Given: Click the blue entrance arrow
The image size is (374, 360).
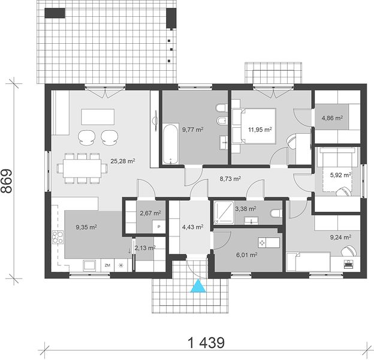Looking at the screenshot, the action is [198, 286].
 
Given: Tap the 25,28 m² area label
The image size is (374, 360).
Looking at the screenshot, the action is [123, 161].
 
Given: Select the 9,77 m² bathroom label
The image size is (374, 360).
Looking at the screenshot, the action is [193, 130].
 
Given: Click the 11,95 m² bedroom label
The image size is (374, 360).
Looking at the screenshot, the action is [260, 130].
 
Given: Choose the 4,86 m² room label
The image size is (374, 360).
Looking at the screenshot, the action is [332, 118].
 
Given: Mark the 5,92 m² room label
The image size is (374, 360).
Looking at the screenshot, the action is [340, 175].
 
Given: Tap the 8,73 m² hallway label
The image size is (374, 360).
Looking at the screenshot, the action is [230, 178].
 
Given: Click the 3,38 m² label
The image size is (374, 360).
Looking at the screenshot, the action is [246, 209].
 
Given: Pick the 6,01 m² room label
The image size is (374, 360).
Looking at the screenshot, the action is [246, 255].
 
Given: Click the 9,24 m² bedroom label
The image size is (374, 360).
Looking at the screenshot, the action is [340, 237].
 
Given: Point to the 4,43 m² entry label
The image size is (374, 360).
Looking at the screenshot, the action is [193, 227].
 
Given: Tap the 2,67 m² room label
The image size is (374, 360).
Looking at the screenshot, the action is [150, 213].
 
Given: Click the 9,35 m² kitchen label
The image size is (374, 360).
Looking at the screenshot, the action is [86, 227].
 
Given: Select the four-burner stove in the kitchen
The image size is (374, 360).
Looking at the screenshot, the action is [58, 237].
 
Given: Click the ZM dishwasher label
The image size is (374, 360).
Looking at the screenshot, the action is [107, 265].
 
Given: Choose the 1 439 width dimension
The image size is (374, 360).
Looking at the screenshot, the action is [206, 343].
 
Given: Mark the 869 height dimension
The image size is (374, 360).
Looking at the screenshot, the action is [7, 181].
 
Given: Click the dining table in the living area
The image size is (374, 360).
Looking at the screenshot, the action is [82, 169].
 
